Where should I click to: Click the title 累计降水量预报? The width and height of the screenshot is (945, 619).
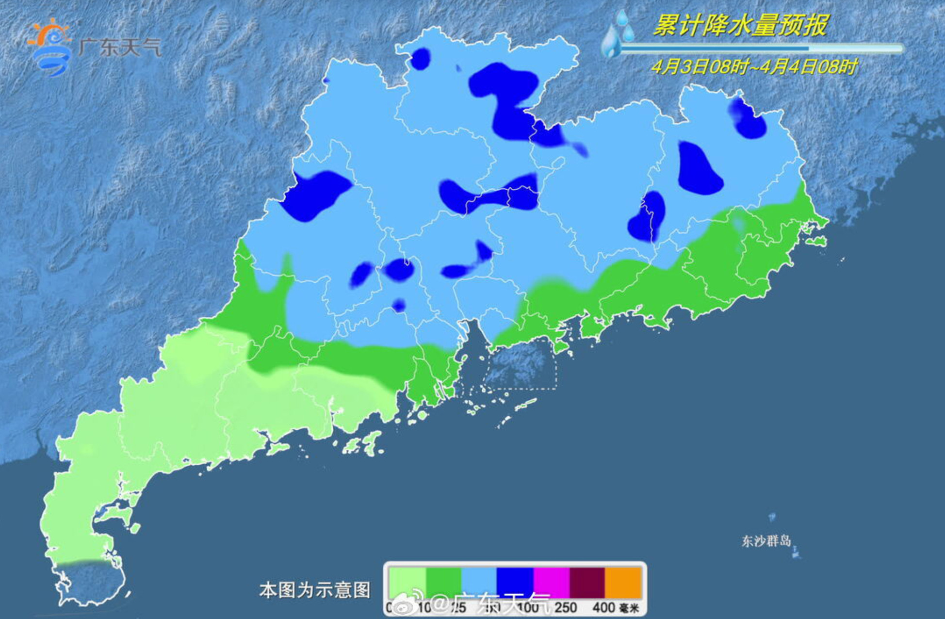[x=740, y=25]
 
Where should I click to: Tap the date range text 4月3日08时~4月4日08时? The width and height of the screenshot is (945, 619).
[x=754, y=66]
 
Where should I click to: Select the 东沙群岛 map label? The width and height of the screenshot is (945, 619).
[x=766, y=540]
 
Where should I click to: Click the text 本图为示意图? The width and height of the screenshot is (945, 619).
[x=314, y=590]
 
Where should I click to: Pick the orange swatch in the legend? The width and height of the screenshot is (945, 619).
[x=623, y=583]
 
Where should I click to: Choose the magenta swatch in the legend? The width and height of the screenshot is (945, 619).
[x=552, y=583]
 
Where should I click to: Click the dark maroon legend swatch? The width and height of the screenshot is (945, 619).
[x=587, y=583]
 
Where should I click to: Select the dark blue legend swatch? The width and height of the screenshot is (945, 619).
[x=515, y=583]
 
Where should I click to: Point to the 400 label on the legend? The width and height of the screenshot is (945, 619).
[x=603, y=607]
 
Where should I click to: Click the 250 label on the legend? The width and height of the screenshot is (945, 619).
[x=566, y=607]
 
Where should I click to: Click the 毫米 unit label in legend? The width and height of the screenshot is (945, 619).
[x=629, y=608]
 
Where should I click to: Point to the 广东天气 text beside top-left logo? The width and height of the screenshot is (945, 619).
[x=119, y=48]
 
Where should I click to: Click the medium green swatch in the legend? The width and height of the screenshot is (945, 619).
[x=443, y=583]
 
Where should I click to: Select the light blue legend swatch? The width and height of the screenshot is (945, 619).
[x=479, y=583]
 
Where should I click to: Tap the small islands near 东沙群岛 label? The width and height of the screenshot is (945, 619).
[x=796, y=552]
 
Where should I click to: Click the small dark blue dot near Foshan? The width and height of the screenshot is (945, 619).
[x=398, y=305]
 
